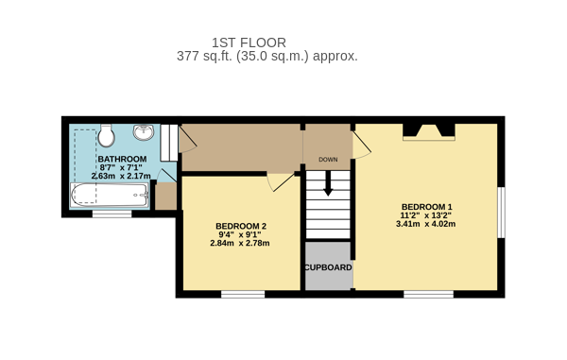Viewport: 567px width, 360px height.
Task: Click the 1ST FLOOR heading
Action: pos(249,43)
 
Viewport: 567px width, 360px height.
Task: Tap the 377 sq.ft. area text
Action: pos(267,56)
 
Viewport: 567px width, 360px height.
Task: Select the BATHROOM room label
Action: pos(122,159)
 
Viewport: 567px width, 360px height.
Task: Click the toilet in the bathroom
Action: pos(106,135)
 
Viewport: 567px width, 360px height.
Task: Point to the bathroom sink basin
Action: pos(144,132)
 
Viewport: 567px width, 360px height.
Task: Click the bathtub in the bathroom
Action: pos(110,196)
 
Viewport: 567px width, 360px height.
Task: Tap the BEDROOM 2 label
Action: pos(241,226)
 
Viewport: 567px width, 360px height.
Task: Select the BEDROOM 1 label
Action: pos(427,207)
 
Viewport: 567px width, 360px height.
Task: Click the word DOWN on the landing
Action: pos(328,160)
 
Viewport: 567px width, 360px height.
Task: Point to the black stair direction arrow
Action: pos(328,183)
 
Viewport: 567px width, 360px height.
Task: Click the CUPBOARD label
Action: pos(328,267)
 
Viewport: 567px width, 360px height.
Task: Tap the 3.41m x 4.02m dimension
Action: pos(425,224)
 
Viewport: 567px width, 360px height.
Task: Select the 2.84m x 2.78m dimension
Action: pos(240,243)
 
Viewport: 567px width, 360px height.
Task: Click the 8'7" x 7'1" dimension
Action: pos(121,167)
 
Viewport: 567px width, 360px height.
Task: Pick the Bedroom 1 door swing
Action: pos(362,145)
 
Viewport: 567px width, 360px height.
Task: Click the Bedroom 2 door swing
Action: pos(281,182)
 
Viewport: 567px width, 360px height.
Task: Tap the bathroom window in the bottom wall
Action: pos(112,214)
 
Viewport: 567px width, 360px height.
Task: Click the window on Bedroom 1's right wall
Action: pos(501,213)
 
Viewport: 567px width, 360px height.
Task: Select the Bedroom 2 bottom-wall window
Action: pos(243,294)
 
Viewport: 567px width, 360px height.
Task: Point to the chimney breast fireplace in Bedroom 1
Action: pos(429,132)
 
